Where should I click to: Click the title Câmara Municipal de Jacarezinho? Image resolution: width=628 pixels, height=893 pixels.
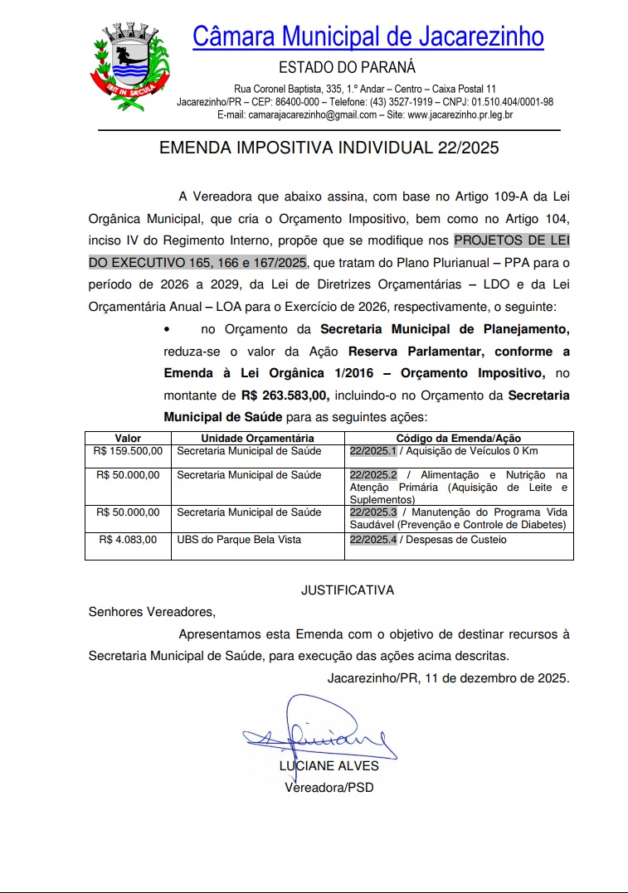[x=368, y=36]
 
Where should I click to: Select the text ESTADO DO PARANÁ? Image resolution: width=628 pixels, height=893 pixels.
[x=347, y=68]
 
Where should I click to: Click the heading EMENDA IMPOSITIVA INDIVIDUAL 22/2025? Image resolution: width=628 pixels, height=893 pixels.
[x=329, y=148]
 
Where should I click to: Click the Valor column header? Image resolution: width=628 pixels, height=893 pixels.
[x=128, y=438]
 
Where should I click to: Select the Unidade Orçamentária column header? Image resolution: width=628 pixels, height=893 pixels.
[x=257, y=438]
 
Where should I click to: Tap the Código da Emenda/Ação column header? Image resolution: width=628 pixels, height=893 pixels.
[x=458, y=438]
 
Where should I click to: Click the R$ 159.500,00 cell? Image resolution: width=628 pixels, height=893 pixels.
[x=129, y=451]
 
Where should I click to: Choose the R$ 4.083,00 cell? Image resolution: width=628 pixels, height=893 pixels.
[x=128, y=540]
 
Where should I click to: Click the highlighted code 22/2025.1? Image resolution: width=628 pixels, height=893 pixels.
[x=373, y=451]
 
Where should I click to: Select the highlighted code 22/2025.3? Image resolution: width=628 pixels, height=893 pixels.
[x=373, y=513]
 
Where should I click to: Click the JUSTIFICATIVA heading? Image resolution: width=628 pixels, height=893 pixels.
[x=347, y=590]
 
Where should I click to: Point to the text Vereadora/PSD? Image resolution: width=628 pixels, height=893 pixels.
[x=329, y=787]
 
